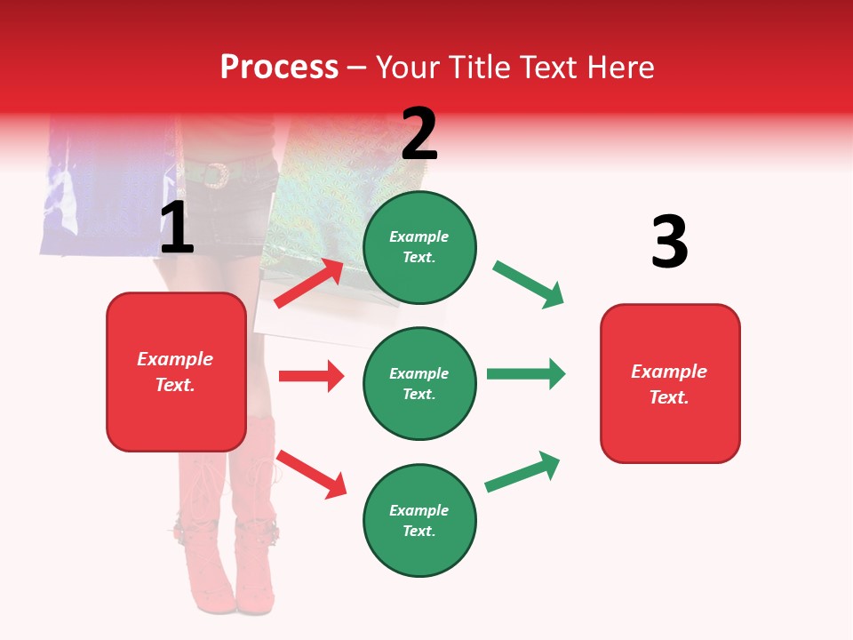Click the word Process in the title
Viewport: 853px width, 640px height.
pyautogui.click(x=279, y=67)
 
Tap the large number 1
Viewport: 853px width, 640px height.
pyautogui.click(x=177, y=228)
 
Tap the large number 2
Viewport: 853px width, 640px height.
pyautogui.click(x=419, y=134)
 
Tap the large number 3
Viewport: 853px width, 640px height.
pyautogui.click(x=669, y=243)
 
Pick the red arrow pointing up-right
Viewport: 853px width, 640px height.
pyautogui.click(x=309, y=283)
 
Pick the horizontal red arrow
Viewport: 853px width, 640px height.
pyautogui.click(x=311, y=376)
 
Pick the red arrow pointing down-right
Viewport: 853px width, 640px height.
pyautogui.click(x=311, y=474)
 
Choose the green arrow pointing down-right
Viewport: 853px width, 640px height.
pyautogui.click(x=529, y=284)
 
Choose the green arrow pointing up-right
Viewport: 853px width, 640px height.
pyautogui.click(x=522, y=472)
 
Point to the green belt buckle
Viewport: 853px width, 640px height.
pyautogui.click(x=215, y=175)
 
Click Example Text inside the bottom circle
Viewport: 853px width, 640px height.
pyautogui.click(x=419, y=521)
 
